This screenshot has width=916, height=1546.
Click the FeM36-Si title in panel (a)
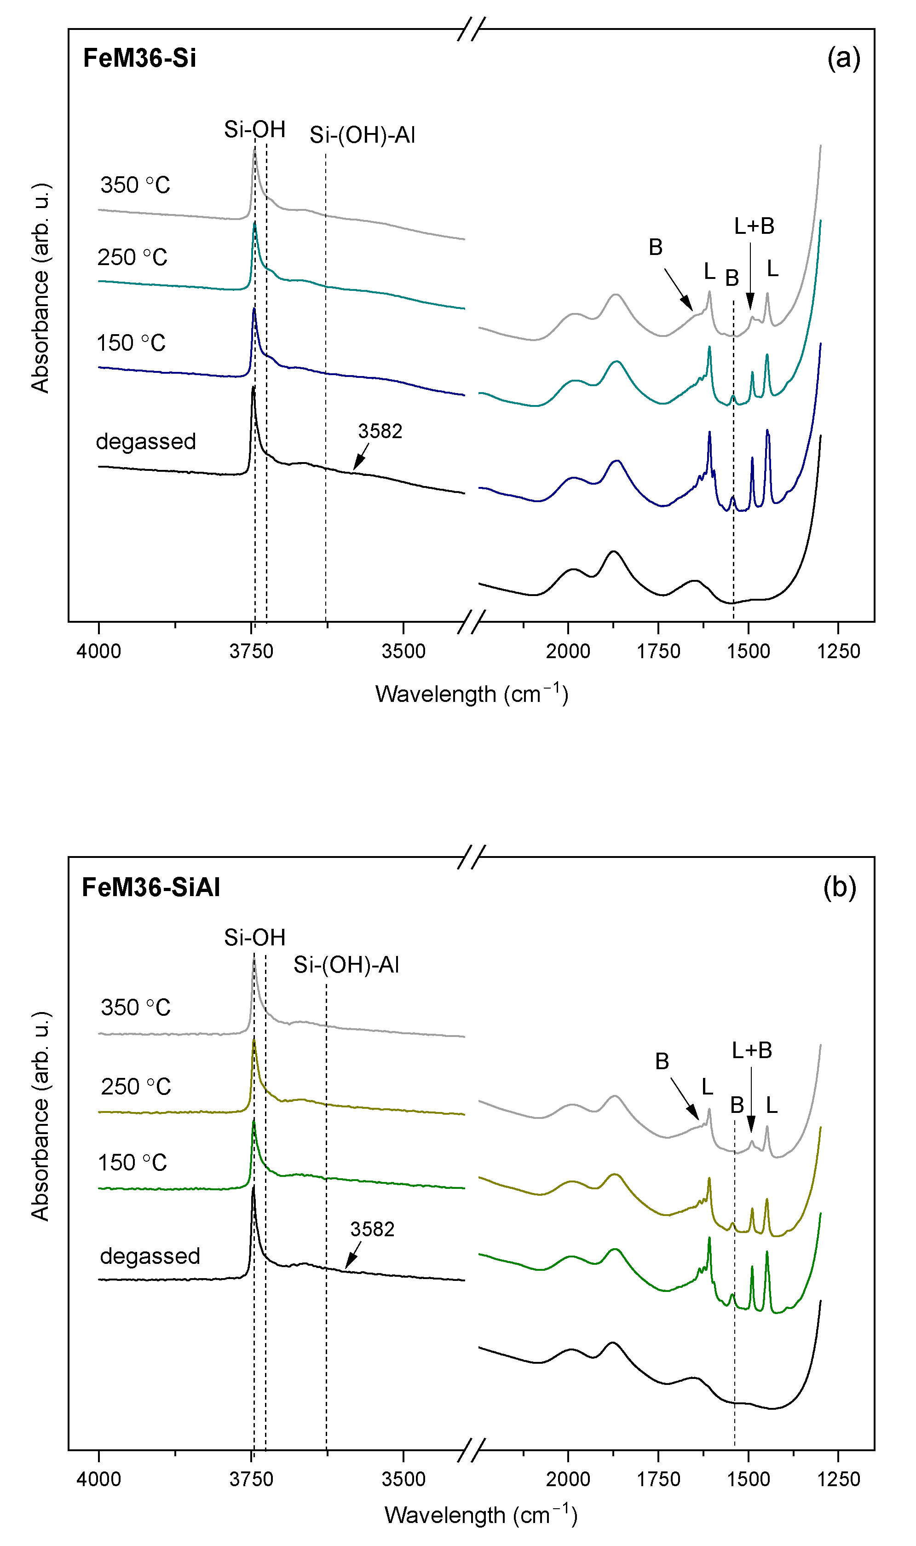click(139, 58)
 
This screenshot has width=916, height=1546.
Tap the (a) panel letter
click(843, 58)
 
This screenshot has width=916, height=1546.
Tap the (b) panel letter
click(840, 887)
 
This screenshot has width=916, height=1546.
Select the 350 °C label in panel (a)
click(135, 185)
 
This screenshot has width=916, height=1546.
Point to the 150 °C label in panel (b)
click(132, 1162)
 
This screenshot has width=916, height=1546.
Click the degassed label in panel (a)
click(146, 441)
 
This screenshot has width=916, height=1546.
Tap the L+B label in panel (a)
click(754, 226)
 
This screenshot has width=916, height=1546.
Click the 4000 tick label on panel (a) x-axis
click(99, 651)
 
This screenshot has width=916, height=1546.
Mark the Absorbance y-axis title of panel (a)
click(40, 288)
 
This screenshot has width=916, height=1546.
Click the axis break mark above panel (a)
click(472, 29)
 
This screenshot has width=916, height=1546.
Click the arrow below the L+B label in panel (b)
click(751, 1100)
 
